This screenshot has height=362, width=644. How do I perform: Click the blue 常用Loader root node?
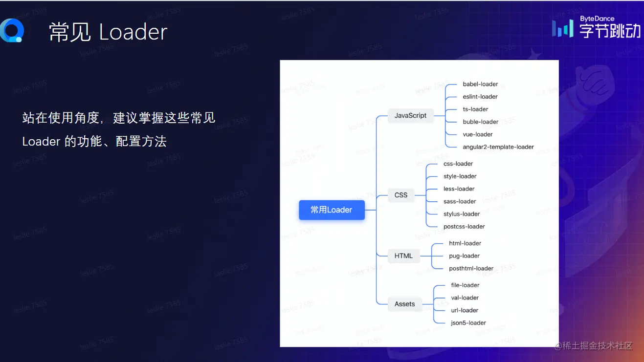click(332, 210)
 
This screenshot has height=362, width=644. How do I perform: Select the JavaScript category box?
click(410, 116)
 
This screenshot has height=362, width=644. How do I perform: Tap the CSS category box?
click(401, 195)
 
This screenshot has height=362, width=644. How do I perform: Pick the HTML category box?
click(403, 256)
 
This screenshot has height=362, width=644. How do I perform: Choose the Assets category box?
click(404, 304)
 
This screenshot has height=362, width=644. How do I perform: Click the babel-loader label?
click(480, 84)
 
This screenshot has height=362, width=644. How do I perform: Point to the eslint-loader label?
click(480, 97)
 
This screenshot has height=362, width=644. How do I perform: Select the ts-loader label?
click(475, 109)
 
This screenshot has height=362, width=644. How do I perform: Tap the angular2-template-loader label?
click(498, 147)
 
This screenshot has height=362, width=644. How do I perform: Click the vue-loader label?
click(478, 134)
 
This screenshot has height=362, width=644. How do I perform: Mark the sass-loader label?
click(460, 201)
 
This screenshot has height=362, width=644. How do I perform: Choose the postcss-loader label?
click(464, 227)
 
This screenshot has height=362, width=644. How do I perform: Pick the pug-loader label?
click(464, 256)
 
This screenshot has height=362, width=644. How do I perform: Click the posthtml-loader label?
click(471, 269)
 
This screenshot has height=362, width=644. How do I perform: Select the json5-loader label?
click(468, 323)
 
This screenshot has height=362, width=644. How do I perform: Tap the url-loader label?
click(465, 310)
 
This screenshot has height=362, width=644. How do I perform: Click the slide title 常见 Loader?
click(108, 32)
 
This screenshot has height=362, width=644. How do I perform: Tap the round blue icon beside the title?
click(11, 31)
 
